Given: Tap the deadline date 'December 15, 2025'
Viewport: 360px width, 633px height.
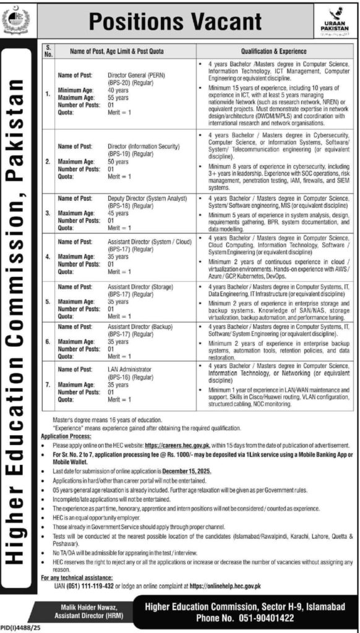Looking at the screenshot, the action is [184, 471].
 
